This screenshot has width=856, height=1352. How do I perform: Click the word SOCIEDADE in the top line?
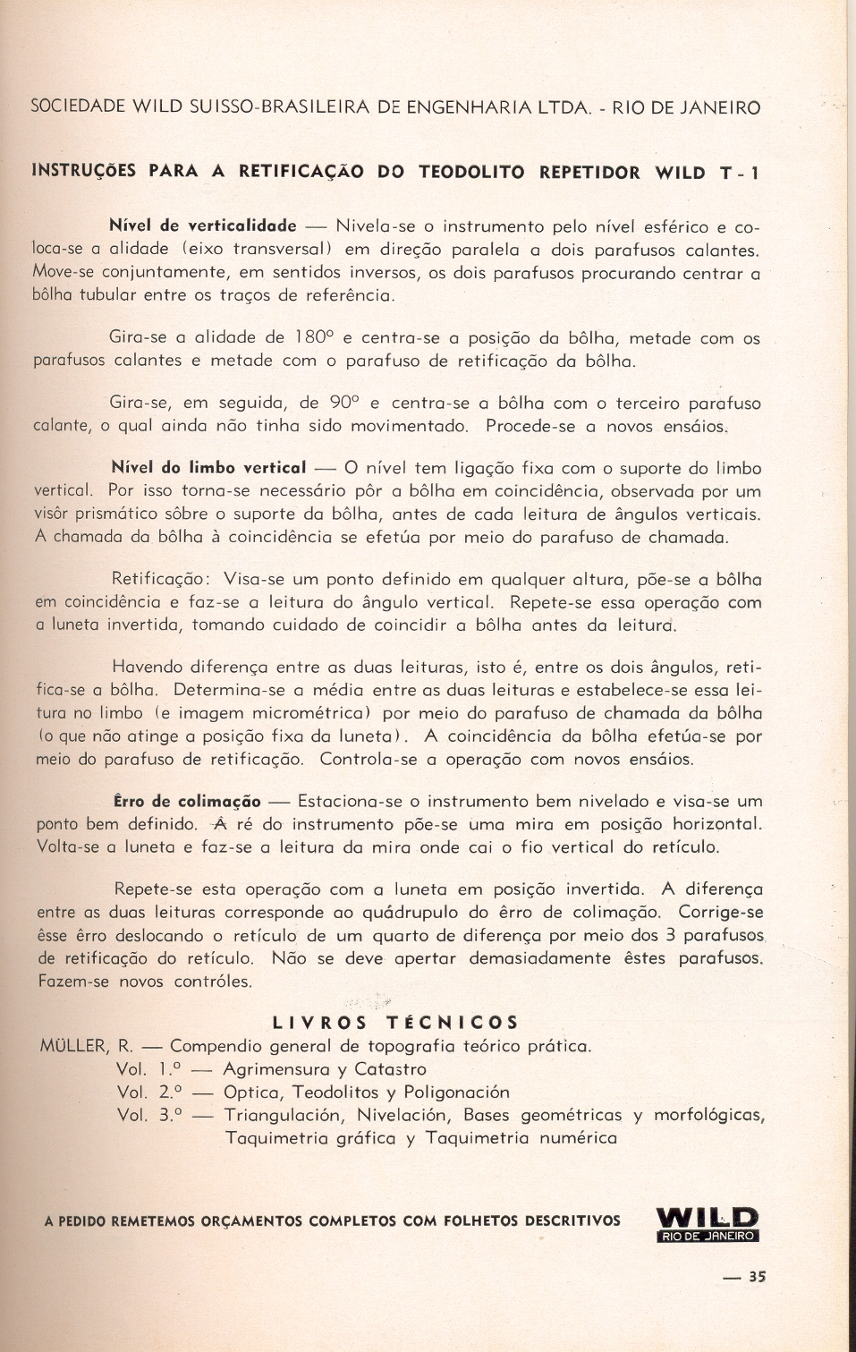pyautogui.click(x=78, y=107)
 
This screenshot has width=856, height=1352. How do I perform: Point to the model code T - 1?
pyautogui.click(x=740, y=174)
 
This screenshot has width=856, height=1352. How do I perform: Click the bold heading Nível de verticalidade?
pyautogui.click(x=202, y=225)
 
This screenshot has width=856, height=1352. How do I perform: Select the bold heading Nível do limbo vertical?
pyautogui.click(x=208, y=468)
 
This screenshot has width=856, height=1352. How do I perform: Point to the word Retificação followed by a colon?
pyautogui.click(x=161, y=579)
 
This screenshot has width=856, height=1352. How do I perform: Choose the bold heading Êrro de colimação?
pyautogui.click(x=187, y=802)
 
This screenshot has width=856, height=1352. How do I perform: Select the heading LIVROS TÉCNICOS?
pyautogui.click(x=394, y=1023)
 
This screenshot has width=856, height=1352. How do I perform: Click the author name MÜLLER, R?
pyautogui.click(x=87, y=1046)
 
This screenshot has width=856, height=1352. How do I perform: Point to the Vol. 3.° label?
pyautogui.click(x=149, y=1116)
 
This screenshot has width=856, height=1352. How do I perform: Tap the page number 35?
pyautogui.click(x=756, y=1278)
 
